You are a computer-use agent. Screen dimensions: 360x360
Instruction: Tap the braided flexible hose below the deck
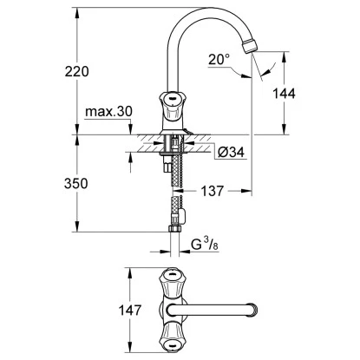pos(178,191)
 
